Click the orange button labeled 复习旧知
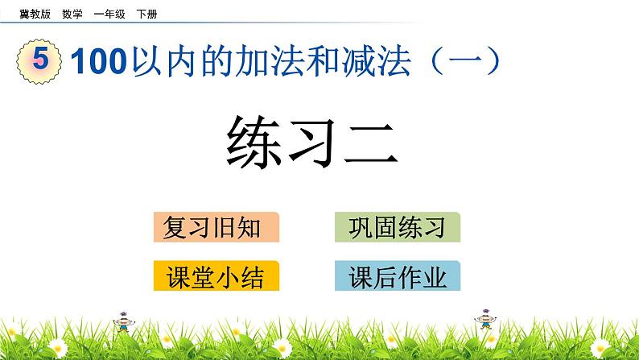click(x=216, y=228)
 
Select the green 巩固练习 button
click(x=398, y=228)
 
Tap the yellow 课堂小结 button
click(x=216, y=276)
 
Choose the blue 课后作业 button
click(x=398, y=276)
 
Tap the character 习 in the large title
click(x=318, y=141)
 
